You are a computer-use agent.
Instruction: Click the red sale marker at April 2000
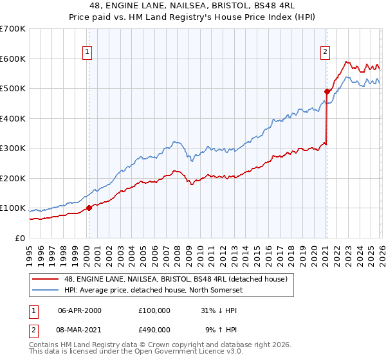click(x=89, y=208)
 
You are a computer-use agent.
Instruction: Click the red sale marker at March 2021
click(x=326, y=92)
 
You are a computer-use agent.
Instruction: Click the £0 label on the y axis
click(x=21, y=238)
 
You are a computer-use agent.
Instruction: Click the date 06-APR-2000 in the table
click(x=80, y=310)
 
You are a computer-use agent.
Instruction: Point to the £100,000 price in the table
click(x=154, y=310)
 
